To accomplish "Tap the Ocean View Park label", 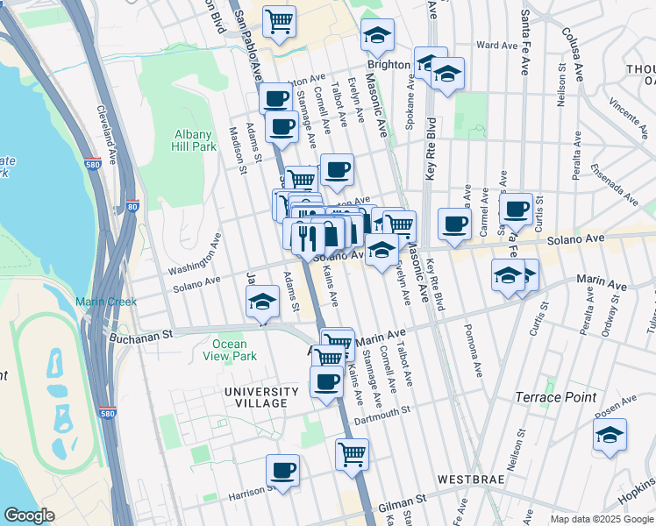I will [x=230, y=351].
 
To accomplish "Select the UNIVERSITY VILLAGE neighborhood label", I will [x=255, y=397].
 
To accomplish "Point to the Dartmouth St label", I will [x=381, y=415].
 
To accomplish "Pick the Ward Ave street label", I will [x=497, y=45].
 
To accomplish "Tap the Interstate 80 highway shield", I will [x=132, y=207].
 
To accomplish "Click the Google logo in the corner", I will [x=29, y=515].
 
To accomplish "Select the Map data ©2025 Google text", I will [x=601, y=519].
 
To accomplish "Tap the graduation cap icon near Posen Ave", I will [x=610, y=435].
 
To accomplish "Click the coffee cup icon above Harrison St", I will [x=282, y=470].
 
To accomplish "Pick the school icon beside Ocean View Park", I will [x=261, y=303].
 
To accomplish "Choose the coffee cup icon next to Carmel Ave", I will [x=454, y=224].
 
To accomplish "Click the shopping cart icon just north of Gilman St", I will [x=352, y=453].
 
